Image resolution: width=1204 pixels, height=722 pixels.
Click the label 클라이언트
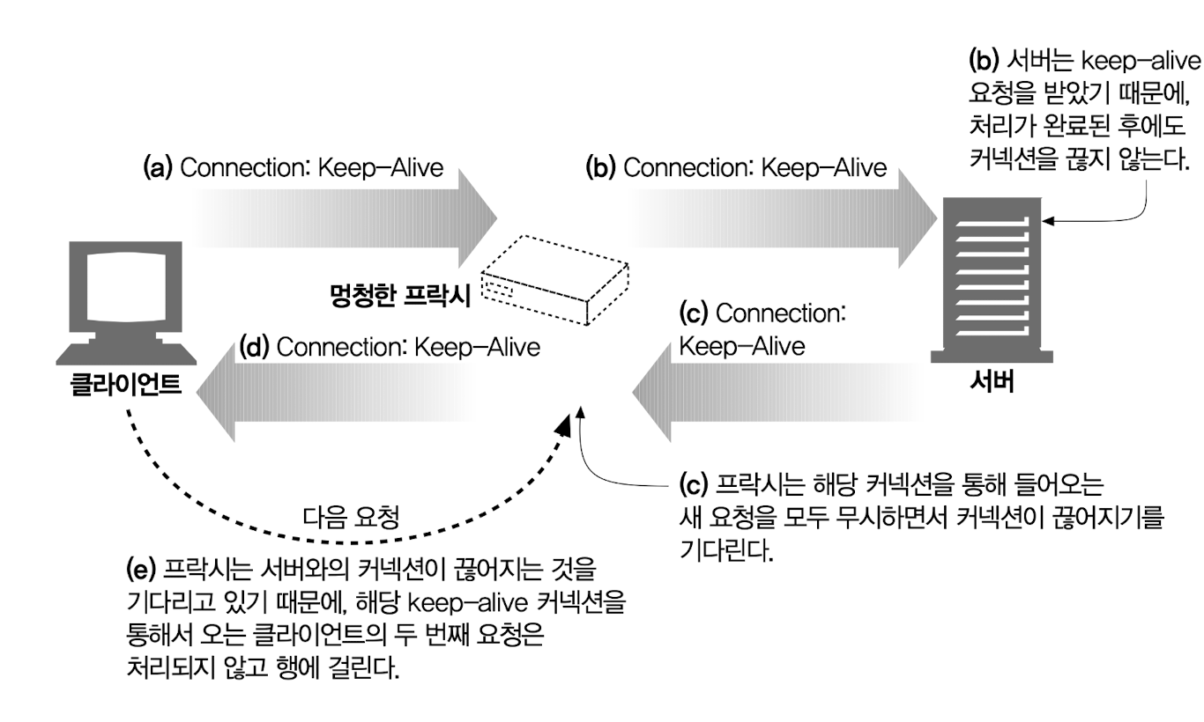[x=126, y=386]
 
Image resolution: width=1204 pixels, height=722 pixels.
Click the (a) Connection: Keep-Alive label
[x=293, y=168]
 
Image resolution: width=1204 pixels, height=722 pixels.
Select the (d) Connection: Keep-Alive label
[x=390, y=346]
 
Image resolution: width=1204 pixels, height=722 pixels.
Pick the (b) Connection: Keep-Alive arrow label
[x=736, y=168]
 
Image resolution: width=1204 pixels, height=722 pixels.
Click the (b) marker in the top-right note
[x=984, y=63]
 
